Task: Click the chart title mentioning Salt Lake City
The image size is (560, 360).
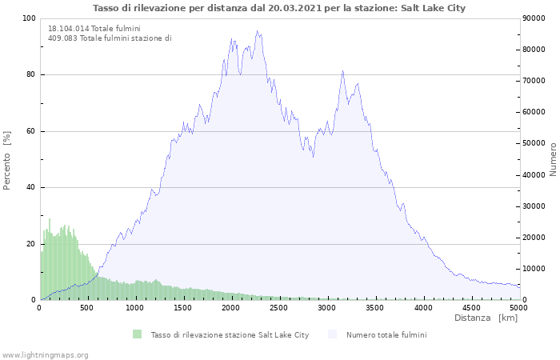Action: (279, 8)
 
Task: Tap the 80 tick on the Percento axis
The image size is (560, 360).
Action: (30, 75)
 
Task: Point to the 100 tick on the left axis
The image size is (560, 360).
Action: (28, 18)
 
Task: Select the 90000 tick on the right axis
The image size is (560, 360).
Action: (535, 18)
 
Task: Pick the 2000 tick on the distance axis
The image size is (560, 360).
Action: (231, 307)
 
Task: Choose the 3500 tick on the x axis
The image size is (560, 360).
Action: (375, 307)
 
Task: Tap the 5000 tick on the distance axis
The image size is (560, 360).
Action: (519, 307)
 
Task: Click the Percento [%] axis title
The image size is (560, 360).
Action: (8, 160)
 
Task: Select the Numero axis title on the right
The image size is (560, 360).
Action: (553, 159)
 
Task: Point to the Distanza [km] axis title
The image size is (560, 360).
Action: (486, 318)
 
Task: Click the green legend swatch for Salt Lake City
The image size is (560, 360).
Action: (138, 334)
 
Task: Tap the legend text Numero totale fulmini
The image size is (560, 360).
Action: (386, 334)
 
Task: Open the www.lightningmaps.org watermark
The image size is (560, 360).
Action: (45, 354)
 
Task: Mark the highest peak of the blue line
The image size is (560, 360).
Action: (257, 31)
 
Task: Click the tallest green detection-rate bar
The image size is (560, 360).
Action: (50, 219)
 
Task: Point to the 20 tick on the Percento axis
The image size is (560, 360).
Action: (30, 244)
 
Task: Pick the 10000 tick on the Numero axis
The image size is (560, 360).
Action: (535, 269)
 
